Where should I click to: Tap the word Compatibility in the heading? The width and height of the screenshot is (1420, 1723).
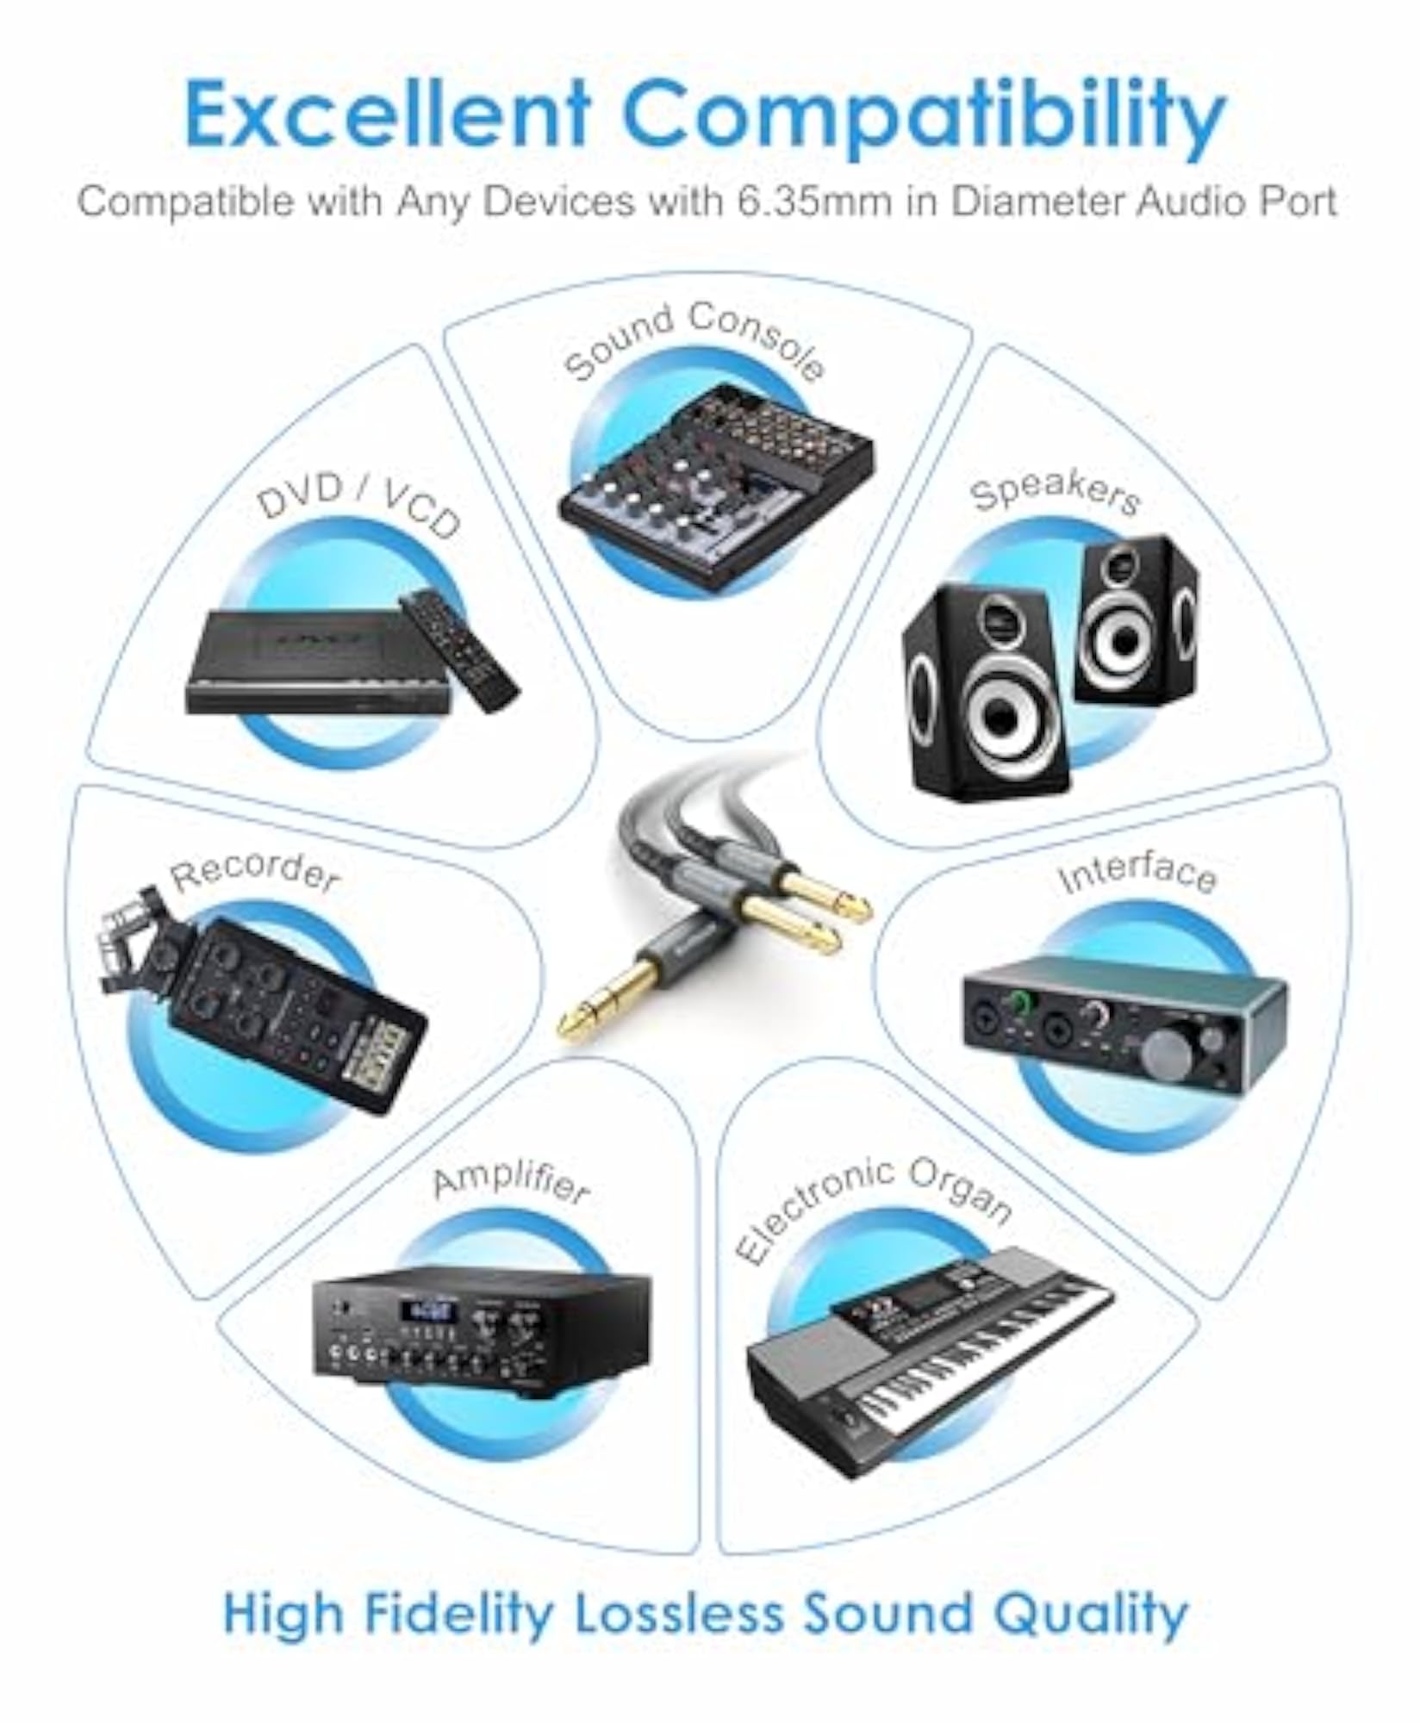point(926,121)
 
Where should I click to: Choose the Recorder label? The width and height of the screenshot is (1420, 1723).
point(255,871)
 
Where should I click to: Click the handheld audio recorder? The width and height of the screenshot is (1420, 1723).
point(263,998)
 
